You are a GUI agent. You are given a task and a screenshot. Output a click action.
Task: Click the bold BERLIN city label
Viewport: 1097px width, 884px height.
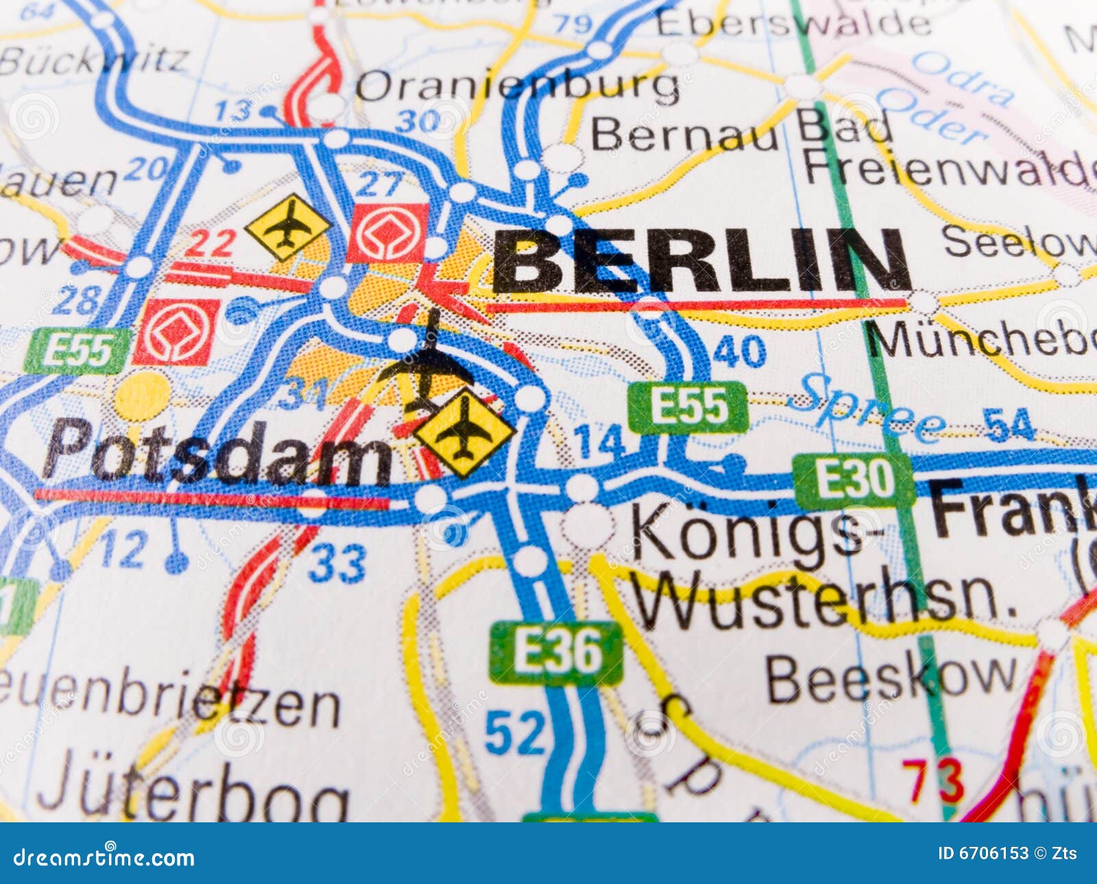click(x=701, y=262)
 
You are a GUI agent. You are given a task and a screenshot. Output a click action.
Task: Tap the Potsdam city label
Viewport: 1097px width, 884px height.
click(x=216, y=452)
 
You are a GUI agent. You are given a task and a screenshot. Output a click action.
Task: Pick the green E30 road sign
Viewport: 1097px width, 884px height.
click(x=854, y=480)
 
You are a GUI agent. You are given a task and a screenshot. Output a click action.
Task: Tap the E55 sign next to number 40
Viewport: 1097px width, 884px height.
click(x=688, y=407)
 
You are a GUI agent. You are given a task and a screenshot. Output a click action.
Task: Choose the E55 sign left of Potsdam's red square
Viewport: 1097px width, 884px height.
click(x=77, y=350)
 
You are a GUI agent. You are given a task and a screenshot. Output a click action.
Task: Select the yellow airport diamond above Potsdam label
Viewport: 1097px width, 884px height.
click(x=464, y=432)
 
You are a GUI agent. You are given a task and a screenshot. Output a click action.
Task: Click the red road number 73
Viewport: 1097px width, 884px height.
click(x=932, y=781)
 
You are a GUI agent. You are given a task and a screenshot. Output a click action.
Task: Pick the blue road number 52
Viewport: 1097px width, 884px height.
click(x=515, y=733)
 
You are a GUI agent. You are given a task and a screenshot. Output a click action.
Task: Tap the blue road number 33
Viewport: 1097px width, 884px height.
click(x=336, y=563)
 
